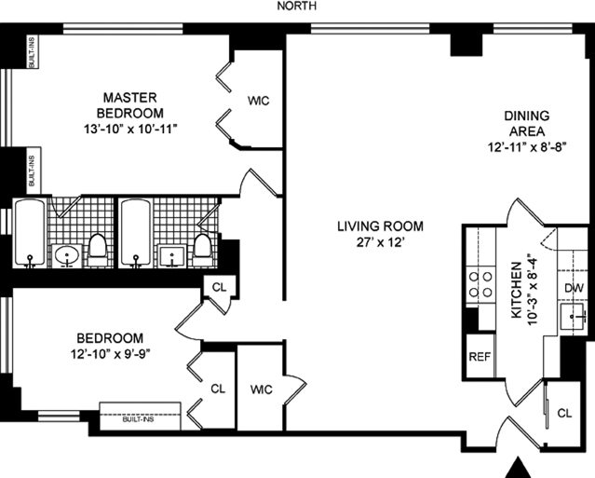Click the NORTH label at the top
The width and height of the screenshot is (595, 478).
click(x=297, y=7)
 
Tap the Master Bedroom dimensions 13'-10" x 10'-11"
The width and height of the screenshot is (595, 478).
click(x=130, y=130)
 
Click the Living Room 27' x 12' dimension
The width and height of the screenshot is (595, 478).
click(x=379, y=242)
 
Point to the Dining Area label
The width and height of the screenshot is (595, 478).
click(x=527, y=123)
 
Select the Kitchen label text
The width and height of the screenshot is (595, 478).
click(x=517, y=291)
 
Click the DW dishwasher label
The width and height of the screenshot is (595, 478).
click(x=574, y=289)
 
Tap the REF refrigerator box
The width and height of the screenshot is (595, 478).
click(x=480, y=356)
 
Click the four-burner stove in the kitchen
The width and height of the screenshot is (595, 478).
click(x=480, y=285)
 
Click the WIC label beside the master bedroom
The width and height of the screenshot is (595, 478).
click(x=259, y=101)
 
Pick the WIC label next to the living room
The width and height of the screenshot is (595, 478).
click(x=261, y=389)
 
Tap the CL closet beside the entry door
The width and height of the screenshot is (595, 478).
click(x=564, y=413)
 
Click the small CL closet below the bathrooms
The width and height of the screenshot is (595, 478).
click(x=219, y=287)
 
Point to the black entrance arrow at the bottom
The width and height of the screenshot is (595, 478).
click(x=519, y=467)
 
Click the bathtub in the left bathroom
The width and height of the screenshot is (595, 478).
click(x=29, y=233)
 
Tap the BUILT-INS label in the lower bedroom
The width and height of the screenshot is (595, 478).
click(x=138, y=419)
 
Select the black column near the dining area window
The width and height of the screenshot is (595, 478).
click(x=466, y=45)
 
